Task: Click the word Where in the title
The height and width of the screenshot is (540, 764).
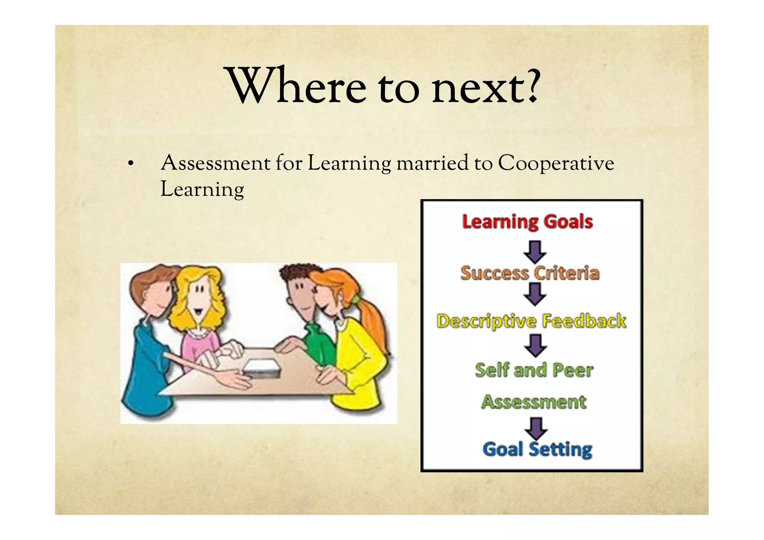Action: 297,87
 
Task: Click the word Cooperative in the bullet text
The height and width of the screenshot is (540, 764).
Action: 556,163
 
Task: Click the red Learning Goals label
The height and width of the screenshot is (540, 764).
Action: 527,222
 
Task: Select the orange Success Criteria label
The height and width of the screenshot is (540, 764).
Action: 530,273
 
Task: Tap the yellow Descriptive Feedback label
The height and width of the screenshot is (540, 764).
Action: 531,321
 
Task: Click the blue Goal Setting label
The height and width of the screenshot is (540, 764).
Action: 537,449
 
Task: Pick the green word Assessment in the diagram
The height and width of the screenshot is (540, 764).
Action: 534,402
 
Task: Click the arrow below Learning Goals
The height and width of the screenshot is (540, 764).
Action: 535,252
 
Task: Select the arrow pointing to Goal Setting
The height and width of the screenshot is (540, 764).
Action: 536,428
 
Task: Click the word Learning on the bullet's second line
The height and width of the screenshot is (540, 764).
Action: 202,189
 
